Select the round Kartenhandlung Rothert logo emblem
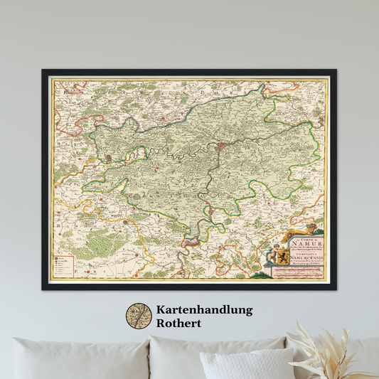point(139,316)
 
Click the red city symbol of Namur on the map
point(221,147)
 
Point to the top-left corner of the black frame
point(43,71)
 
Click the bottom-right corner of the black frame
point(335,288)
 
